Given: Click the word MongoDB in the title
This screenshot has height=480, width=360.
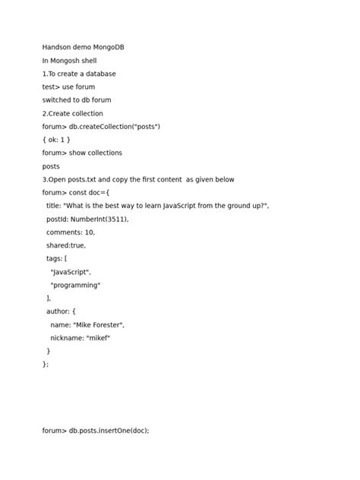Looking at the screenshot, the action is point(109,47).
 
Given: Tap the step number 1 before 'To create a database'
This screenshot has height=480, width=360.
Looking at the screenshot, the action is point(44,74).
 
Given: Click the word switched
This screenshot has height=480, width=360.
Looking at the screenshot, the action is point(56,100).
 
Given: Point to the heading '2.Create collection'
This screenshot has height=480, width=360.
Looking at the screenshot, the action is point(72,113).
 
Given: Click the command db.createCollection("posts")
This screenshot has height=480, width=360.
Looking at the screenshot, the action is point(115,126).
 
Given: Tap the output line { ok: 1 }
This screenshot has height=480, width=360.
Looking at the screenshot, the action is point(56,140).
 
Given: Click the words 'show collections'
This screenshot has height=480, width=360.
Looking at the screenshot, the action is point(96,153).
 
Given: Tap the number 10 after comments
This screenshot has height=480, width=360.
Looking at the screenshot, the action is point(90,232).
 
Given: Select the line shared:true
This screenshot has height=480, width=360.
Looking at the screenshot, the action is point(66,245).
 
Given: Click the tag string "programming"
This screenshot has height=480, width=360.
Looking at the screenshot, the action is point(75,285).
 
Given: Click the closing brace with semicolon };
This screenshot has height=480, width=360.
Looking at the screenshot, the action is point(46,364).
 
